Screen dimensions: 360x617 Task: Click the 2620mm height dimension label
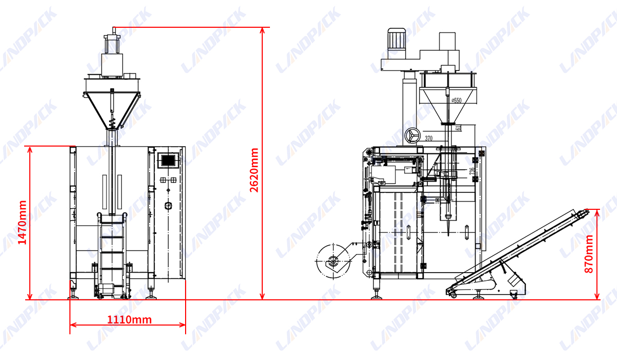click(254, 170)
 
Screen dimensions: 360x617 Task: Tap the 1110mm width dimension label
click(129, 320)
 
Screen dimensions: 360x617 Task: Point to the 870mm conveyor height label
click(589, 254)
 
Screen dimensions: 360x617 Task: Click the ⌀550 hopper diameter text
click(456, 101)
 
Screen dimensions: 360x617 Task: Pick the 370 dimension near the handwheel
click(429, 138)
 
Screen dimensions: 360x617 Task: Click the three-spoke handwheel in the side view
click(411, 136)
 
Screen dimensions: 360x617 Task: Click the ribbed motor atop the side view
click(396, 39)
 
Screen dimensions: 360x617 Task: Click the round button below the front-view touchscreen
click(168, 206)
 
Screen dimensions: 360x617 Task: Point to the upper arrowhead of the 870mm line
click(596, 212)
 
